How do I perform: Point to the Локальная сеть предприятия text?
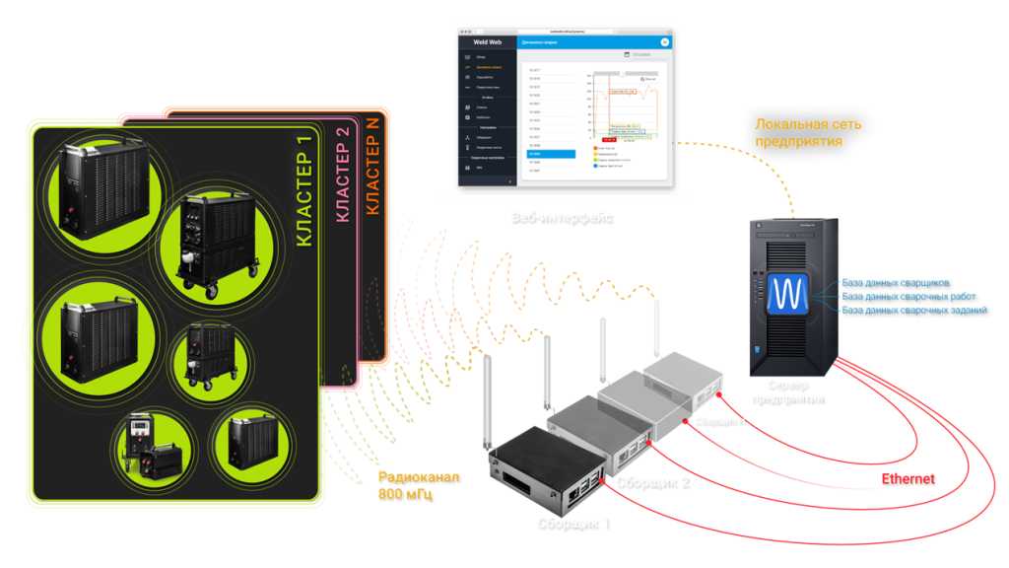point(807,133)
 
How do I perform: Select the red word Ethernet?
point(907,479)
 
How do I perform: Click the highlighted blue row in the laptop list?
point(550,155)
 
